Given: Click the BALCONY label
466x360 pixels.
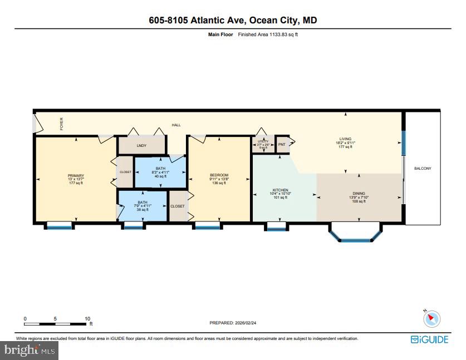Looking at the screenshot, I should (423, 169).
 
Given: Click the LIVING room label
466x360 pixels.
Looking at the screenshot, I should (346, 140).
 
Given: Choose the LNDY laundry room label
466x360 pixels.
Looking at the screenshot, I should (141, 145).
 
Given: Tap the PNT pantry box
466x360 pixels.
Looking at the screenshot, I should (282, 144).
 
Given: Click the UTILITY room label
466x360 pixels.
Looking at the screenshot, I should (263, 142).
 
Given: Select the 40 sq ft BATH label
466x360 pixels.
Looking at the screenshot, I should (160, 169).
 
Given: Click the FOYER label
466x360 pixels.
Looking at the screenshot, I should (62, 122).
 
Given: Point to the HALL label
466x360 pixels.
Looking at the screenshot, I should (176, 125).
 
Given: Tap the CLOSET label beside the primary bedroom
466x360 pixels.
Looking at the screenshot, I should (125, 172).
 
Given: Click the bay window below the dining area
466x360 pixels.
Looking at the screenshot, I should (355, 234).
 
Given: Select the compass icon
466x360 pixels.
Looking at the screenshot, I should (431, 319).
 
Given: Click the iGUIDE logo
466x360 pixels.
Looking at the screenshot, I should (429, 339).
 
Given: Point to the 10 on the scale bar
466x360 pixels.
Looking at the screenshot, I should (87, 319).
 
